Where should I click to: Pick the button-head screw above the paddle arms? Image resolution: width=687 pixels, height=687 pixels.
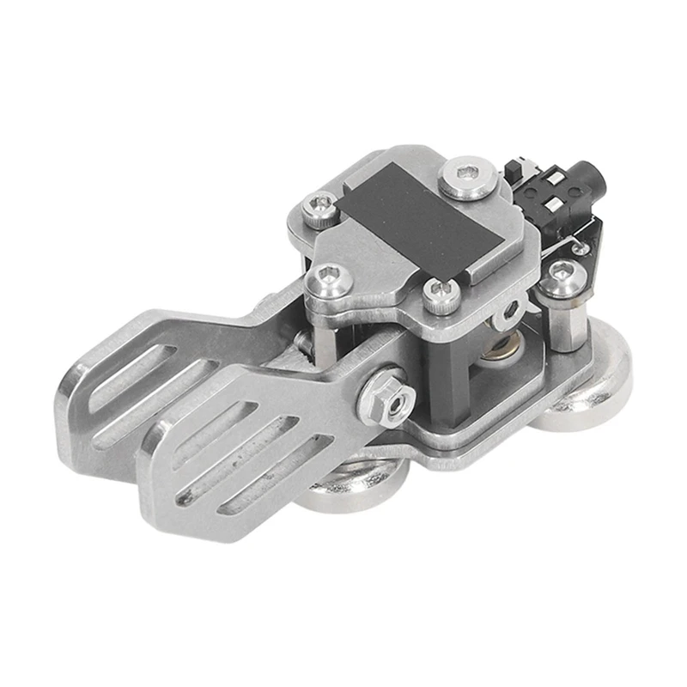point(328,277)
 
